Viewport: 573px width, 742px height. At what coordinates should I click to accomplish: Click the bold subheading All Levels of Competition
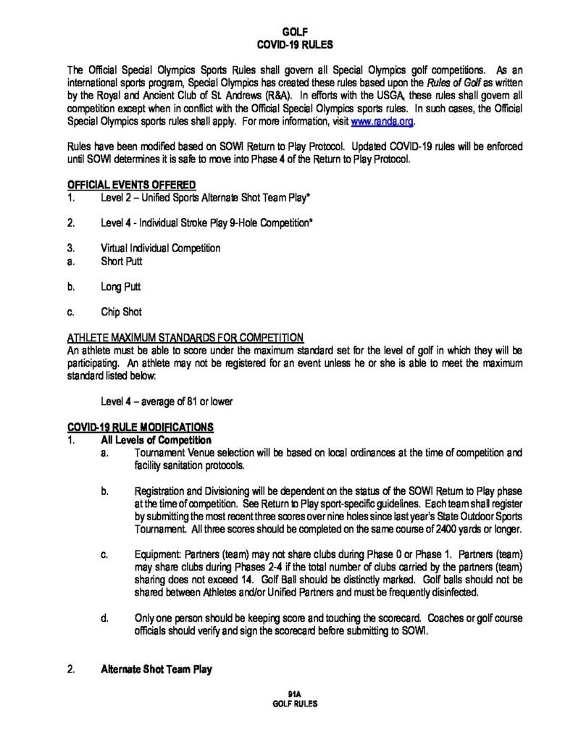[x=156, y=440]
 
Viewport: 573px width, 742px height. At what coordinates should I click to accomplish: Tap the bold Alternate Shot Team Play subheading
[x=156, y=670]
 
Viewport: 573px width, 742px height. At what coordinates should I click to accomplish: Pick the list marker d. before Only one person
[x=105, y=618]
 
